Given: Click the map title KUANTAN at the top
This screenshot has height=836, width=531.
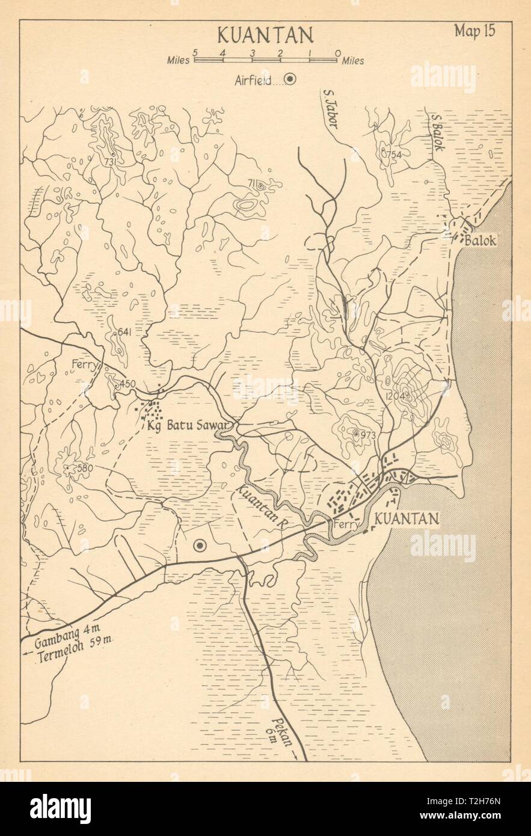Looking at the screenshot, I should click(265, 35).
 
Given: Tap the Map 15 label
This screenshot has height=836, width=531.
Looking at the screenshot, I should click(474, 32).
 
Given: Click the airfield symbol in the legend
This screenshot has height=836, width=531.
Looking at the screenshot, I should click(290, 79).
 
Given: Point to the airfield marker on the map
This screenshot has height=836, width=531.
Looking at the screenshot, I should click(200, 546).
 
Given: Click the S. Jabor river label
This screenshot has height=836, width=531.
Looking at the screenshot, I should click(331, 109).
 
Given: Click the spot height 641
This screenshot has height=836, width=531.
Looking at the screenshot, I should click(125, 331).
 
